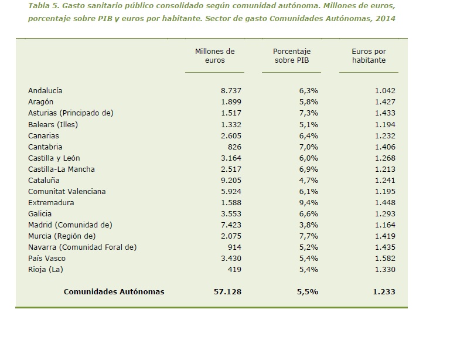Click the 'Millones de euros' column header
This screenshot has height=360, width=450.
(214, 56)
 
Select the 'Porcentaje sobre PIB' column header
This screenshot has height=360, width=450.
(291, 56)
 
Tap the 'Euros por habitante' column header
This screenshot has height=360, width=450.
(369, 56)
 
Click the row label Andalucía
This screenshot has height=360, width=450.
(45, 91)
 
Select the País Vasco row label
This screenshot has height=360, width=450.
(47, 259)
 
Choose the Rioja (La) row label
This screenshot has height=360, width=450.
(45, 270)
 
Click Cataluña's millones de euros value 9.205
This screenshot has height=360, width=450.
(231, 181)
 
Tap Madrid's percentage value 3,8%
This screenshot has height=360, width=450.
(309, 225)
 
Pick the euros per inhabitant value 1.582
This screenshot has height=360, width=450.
(385, 259)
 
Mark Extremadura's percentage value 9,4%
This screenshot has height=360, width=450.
(309, 203)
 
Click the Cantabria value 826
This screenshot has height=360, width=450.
(234, 147)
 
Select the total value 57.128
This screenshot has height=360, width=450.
(229, 292)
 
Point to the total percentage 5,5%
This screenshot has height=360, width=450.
(308, 292)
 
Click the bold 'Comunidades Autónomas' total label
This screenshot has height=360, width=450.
(114, 292)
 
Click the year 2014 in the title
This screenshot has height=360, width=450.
(386, 19)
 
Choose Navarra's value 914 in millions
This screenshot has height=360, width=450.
(234, 247)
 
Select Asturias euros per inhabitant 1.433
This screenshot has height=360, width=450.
(385, 113)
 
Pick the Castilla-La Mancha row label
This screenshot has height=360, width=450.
(62, 169)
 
